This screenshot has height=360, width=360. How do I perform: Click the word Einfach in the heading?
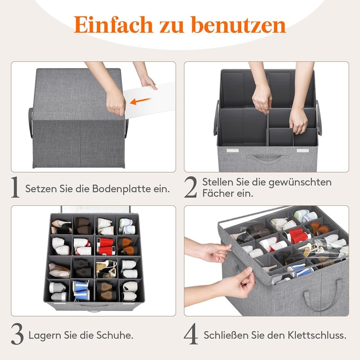[x=113, y=25]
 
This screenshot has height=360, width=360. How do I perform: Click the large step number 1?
[x=15, y=187]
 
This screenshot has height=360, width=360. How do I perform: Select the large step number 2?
[x=190, y=187]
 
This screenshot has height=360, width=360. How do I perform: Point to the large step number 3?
[x=17, y=334]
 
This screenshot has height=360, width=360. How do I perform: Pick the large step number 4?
[x=191, y=334]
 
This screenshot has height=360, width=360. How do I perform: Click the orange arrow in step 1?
[x=140, y=101]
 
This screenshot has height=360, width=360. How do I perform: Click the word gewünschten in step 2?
[x=300, y=183]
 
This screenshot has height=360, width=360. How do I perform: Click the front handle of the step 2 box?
[x=267, y=158]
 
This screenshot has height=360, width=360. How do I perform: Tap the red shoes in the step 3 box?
[x=106, y=246]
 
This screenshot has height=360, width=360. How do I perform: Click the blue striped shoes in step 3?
[x=81, y=290]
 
